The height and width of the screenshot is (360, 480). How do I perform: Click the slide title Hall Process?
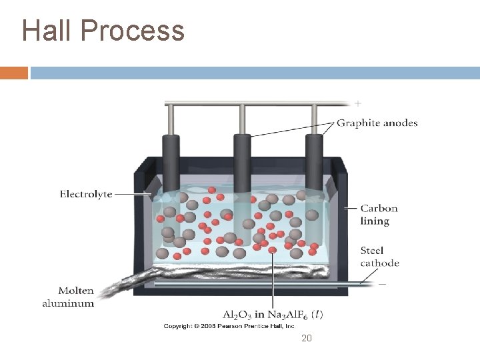pyautogui.click(x=103, y=30)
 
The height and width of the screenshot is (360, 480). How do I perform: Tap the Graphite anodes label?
pyautogui.click(x=377, y=123)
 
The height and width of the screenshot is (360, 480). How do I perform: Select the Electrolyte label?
pyautogui.click(x=86, y=194)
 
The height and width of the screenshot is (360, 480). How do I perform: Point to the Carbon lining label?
pyautogui.click(x=379, y=214)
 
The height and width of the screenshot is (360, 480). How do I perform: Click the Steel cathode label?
pyautogui.click(x=379, y=257)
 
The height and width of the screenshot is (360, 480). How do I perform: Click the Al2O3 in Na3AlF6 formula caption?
pyautogui.click(x=273, y=314)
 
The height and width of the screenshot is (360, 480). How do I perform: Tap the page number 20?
pyautogui.click(x=307, y=339)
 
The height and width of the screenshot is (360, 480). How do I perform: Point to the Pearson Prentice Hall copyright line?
pyautogui.click(x=229, y=326)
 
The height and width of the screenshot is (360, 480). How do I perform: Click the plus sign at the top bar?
pyautogui.click(x=358, y=103)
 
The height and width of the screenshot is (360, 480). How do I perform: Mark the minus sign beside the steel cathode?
pyautogui.click(x=382, y=283)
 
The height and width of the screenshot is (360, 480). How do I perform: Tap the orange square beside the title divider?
pyautogui.click(x=14, y=73)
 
